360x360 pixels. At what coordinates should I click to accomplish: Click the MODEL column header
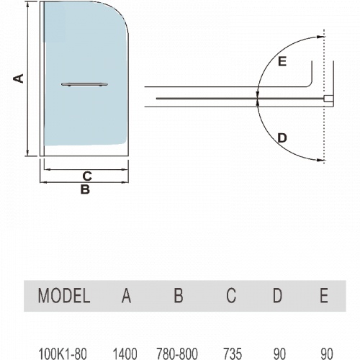point(64,295)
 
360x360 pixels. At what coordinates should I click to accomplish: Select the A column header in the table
point(126,295)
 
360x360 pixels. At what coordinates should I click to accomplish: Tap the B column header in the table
point(179,295)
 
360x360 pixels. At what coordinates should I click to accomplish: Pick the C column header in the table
point(231,295)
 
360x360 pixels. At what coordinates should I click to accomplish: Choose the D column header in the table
point(277,295)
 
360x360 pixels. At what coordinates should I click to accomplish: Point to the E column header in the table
point(324,295)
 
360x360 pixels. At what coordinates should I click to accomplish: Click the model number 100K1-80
point(63,354)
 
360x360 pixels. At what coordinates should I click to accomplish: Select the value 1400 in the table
point(125,354)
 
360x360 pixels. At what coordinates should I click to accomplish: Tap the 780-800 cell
point(177,354)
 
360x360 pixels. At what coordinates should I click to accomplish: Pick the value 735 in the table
point(233,354)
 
